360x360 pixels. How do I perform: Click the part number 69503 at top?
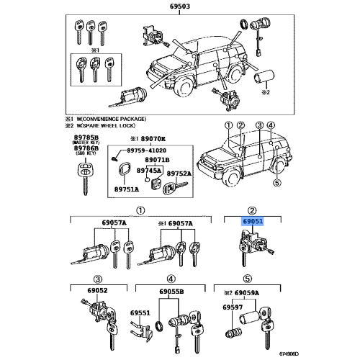pos(180,6)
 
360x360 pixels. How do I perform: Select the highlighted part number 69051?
pos(253,221)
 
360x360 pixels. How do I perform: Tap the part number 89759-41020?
pos(146,150)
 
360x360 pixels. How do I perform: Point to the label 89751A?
pos(127,189)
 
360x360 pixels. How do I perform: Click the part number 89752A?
pos(179,174)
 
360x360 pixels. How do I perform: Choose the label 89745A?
pos(149,171)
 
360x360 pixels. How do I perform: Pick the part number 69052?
pos(97,290)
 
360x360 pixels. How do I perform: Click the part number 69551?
pos(140,313)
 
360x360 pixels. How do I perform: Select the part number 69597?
pos(233,307)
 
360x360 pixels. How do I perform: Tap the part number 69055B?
pos(171,292)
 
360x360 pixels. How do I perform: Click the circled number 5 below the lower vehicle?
pos(277,183)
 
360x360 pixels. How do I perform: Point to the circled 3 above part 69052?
pos(98,279)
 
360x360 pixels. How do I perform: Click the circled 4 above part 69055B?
pos(171,279)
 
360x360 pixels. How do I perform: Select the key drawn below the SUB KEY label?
pos(85,179)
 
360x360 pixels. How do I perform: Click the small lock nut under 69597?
pos(234,332)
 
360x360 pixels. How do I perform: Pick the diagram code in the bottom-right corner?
pos(289,354)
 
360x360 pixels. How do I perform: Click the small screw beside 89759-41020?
pos(114,158)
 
